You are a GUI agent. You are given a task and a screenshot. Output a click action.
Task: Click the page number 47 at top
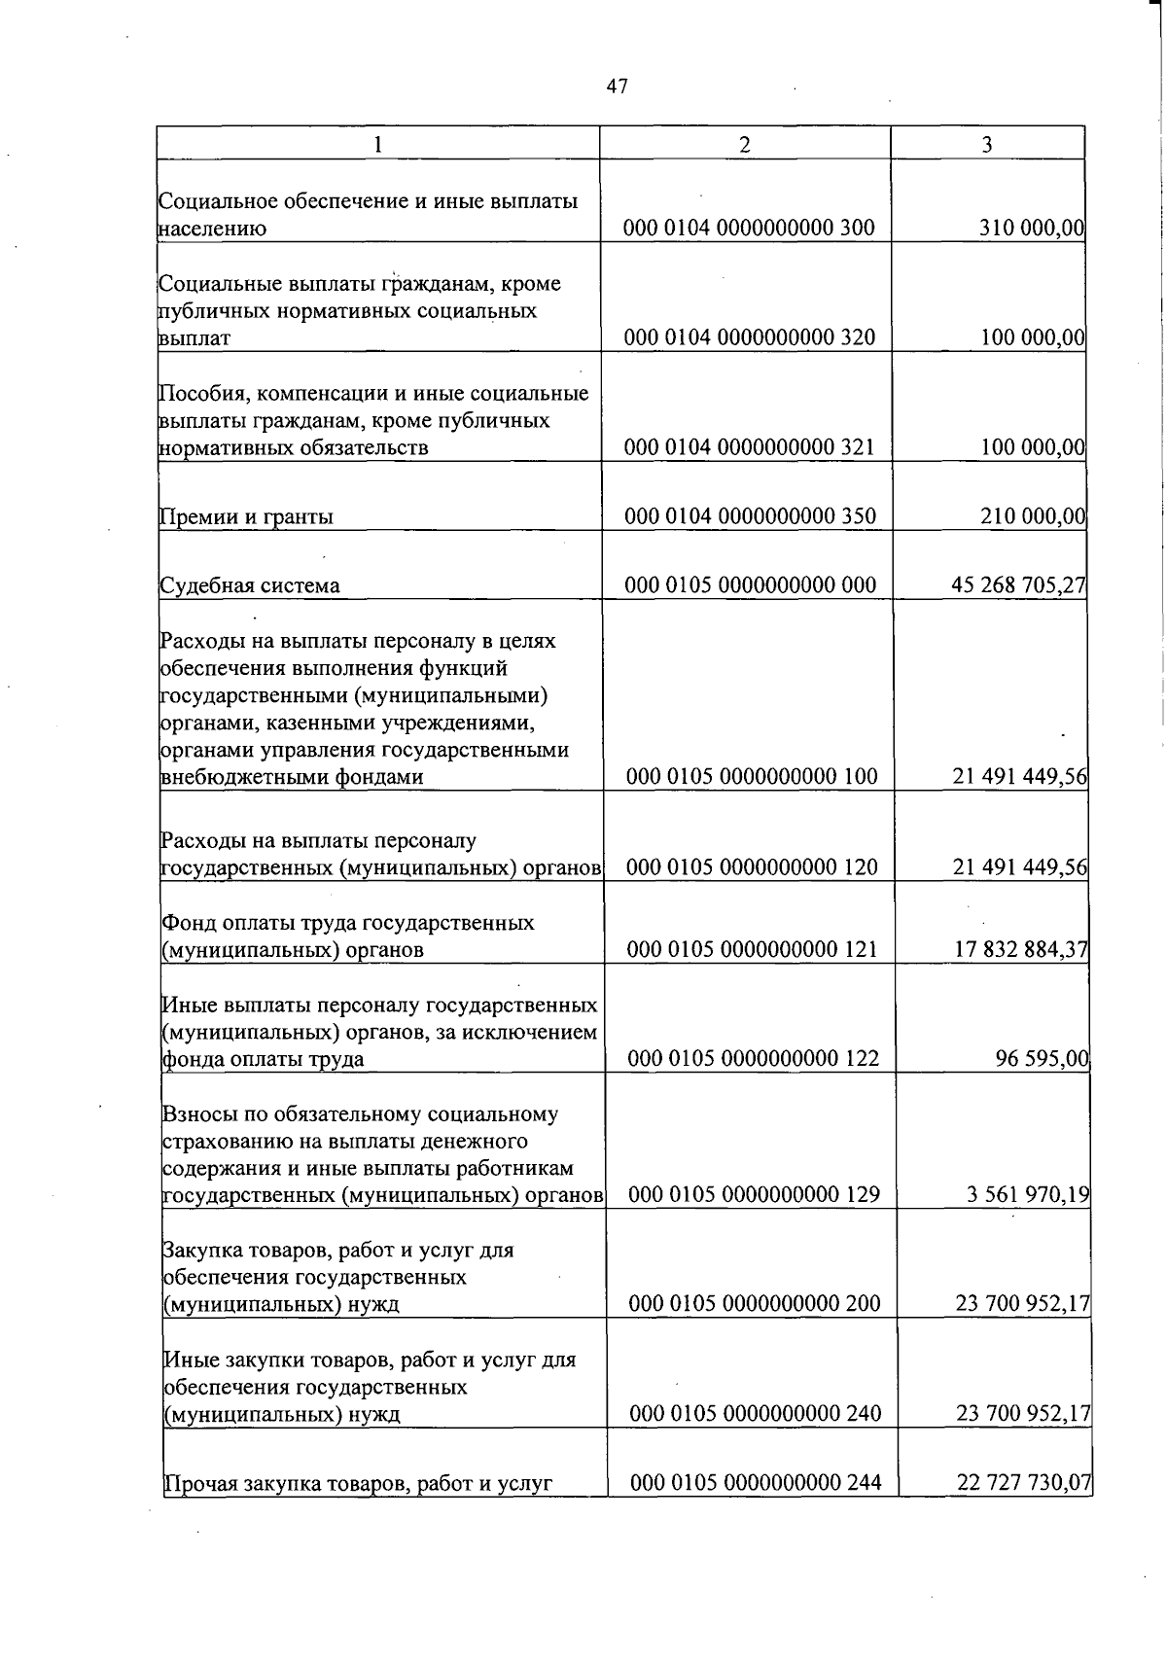coord(617,87)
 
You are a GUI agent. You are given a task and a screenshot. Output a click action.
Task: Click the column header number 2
coord(745,144)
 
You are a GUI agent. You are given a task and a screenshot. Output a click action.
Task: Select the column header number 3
coord(987,144)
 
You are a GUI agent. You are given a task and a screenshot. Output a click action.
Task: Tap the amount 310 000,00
coord(1031,229)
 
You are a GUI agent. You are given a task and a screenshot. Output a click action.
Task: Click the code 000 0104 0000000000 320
coord(749,337)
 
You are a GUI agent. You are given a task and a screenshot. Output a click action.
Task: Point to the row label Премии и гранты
coord(247,516)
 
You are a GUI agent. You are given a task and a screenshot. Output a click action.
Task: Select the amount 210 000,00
coord(1032,516)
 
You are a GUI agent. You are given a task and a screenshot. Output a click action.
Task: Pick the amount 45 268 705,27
coord(1018,585)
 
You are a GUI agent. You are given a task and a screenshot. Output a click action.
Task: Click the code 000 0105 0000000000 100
coord(752,776)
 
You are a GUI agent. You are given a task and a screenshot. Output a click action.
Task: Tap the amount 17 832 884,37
coord(1020,949)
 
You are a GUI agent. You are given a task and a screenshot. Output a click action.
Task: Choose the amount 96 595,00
coord(1042,1058)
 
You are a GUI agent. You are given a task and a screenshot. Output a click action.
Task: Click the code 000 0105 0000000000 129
coord(754,1194)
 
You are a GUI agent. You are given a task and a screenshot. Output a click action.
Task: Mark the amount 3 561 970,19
coord(1028,1194)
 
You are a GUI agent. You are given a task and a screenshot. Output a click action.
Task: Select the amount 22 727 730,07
coord(1024,1483)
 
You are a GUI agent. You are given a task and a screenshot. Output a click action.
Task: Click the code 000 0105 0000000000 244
coord(756,1483)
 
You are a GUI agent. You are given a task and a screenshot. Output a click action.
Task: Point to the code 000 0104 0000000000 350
coord(750,516)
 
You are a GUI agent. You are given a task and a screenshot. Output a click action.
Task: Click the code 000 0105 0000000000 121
coord(753,949)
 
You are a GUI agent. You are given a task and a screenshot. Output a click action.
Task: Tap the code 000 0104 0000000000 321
coord(749,447)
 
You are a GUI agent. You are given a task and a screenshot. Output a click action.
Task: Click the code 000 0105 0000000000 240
coord(756,1413)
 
